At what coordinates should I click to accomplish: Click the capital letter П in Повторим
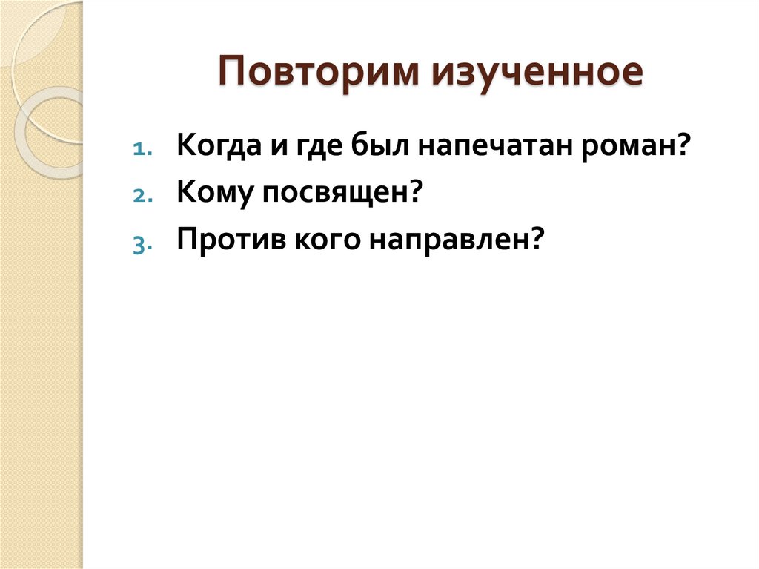pos(231,75)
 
